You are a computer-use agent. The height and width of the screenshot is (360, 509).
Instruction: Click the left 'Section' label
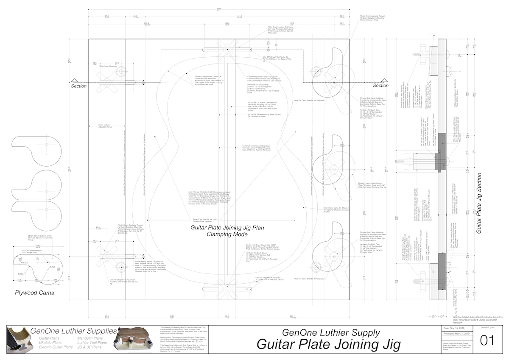tap(78, 86)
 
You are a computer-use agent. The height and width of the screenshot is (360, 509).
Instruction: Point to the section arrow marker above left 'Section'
tap(74, 81)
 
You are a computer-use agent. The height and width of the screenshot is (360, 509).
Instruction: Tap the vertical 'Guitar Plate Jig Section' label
tap(479, 204)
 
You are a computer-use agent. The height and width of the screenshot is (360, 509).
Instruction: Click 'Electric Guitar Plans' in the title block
tap(56, 347)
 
